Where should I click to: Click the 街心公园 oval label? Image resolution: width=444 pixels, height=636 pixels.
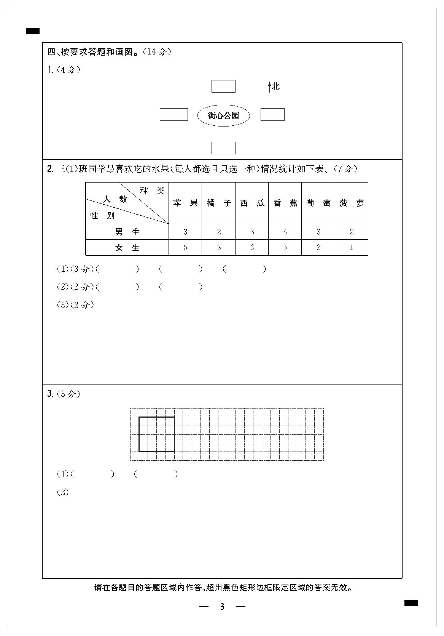[x=223, y=115]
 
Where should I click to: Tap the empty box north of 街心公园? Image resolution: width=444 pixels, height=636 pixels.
[x=223, y=86]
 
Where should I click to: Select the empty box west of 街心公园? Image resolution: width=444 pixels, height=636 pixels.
[x=173, y=115]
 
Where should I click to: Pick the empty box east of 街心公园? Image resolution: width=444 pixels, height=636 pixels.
[x=272, y=115]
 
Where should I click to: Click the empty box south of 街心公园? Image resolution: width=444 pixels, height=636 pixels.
[x=223, y=148]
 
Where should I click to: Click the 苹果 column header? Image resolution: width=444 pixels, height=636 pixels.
[x=185, y=203]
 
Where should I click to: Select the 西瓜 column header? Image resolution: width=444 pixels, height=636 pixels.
[x=252, y=203]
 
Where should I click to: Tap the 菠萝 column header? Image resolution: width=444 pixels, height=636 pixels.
[x=352, y=203]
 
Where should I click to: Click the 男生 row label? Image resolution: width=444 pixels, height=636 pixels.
[x=127, y=232]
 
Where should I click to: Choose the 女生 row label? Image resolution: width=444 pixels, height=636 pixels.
[x=127, y=248]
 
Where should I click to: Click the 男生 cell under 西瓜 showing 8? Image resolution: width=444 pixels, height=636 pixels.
[x=252, y=232]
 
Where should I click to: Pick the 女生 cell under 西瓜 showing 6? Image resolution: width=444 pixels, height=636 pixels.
[x=252, y=248]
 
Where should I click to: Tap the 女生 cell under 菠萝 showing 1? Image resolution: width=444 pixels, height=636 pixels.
[x=352, y=248]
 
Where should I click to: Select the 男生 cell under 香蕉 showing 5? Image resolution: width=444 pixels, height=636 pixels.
[x=285, y=232]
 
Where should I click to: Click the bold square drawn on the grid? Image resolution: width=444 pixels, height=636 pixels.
[x=157, y=434]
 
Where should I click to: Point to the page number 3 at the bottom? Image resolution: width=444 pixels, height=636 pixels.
[x=222, y=607]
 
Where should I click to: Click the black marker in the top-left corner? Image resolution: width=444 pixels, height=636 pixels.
[x=33, y=31]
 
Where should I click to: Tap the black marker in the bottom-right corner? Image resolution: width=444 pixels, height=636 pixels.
[x=411, y=603]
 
